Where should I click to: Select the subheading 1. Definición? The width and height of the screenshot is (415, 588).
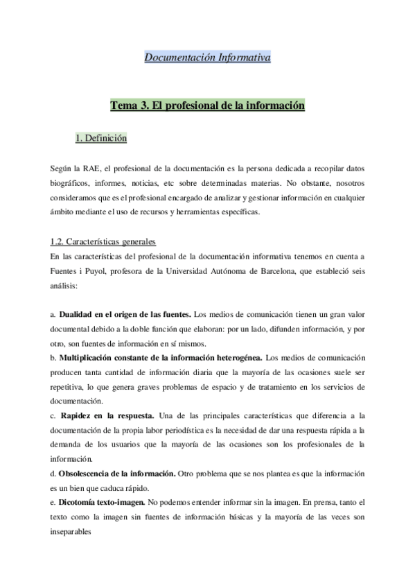[100, 139]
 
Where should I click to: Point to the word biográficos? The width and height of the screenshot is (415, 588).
[72, 184]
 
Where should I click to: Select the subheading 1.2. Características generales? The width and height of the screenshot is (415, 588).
[103, 242]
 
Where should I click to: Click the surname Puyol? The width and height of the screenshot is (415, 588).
[94, 270]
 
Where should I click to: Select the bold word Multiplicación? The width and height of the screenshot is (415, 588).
[93, 358]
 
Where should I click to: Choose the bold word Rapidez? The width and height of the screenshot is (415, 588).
[82, 415]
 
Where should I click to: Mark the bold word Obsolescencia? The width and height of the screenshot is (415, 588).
[89, 473]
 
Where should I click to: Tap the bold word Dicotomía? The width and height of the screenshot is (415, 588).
[83, 502]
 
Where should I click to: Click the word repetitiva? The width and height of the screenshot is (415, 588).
[71, 386]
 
